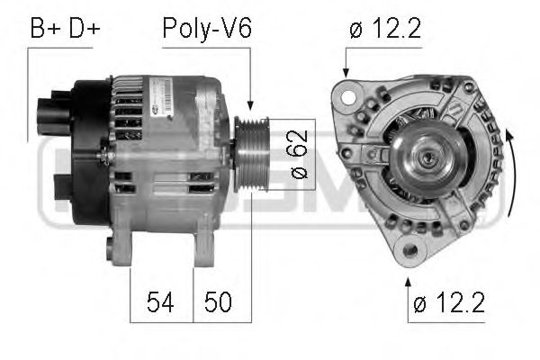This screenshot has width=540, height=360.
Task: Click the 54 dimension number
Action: click(162, 302)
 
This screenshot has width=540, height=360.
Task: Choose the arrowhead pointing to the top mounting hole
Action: click(346, 73)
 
